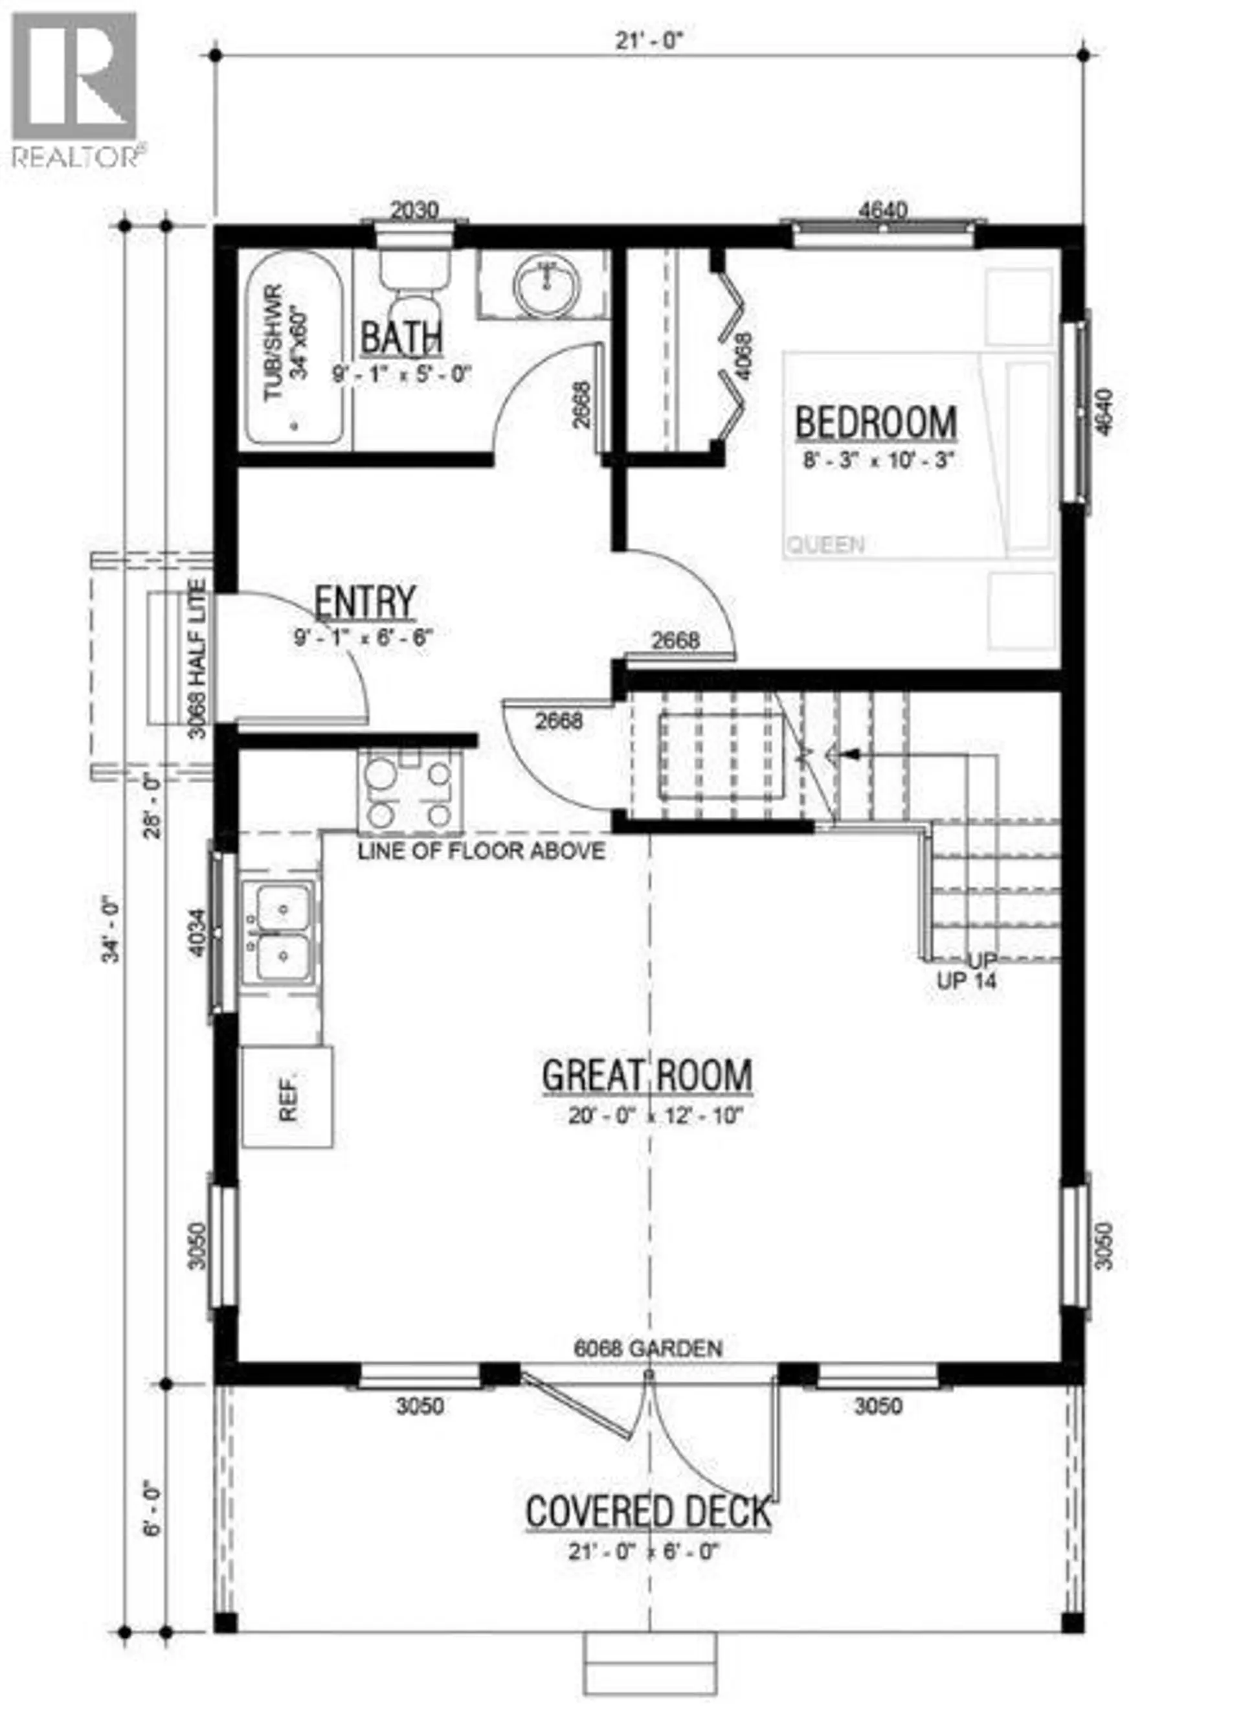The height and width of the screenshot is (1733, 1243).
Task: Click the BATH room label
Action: coord(401,339)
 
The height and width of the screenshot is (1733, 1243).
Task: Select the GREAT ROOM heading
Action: coord(646,1076)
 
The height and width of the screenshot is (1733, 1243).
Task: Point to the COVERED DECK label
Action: coord(648,1512)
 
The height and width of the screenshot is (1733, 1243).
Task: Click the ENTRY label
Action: coord(365,602)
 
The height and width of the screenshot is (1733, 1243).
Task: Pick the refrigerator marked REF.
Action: coord(287,1096)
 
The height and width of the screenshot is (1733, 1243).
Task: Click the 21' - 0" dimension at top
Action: coord(648,41)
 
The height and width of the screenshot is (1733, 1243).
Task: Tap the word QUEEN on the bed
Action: coord(825,545)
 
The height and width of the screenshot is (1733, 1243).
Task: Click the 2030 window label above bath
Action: coord(414,209)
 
